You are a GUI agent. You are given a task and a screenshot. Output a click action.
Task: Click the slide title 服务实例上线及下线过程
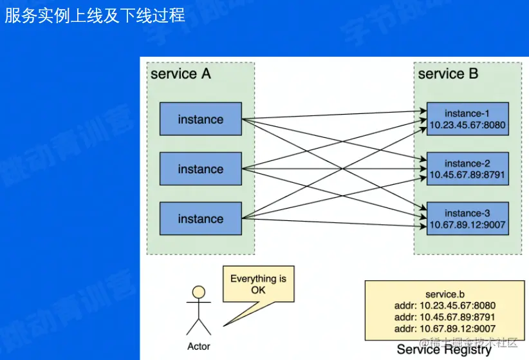pyautogui.click(x=95, y=15)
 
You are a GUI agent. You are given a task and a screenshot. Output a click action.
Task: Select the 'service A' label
pyautogui.click(x=180, y=74)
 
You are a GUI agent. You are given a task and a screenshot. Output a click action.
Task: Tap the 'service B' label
pyautogui.click(x=448, y=74)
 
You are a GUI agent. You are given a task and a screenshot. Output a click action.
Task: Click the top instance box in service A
pyautogui.click(x=201, y=119)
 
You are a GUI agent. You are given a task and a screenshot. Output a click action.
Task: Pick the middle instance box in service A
pyautogui.click(x=201, y=169)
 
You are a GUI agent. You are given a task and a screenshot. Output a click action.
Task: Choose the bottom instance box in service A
pyautogui.click(x=201, y=219)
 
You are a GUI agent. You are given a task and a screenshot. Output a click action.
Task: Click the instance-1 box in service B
pyautogui.click(x=467, y=119)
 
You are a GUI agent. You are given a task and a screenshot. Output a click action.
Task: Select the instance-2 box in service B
pyautogui.click(x=467, y=169)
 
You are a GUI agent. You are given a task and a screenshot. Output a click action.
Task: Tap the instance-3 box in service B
pyautogui.click(x=467, y=219)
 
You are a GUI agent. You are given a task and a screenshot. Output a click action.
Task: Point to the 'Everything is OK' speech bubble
pyautogui.click(x=258, y=284)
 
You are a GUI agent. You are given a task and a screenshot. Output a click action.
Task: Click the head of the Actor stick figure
pyautogui.click(x=199, y=292)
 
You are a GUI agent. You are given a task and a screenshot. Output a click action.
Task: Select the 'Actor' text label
pyautogui.click(x=199, y=346)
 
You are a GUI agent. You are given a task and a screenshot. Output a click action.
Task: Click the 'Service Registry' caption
pyautogui.click(x=443, y=350)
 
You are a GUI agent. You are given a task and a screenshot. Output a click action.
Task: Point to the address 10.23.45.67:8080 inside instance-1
pyautogui.click(x=467, y=125)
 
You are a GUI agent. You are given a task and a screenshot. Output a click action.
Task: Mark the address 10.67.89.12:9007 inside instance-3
pyautogui.click(x=467, y=225)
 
